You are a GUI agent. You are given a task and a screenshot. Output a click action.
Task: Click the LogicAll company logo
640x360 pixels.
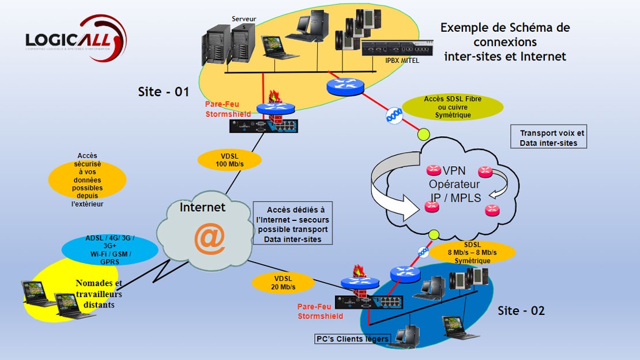[75, 39]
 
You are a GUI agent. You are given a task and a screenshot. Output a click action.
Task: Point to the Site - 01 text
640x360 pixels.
[164, 92]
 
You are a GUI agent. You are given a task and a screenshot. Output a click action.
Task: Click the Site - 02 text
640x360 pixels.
[521, 311]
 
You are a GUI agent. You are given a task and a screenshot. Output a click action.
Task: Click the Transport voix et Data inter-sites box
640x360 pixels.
[548, 138]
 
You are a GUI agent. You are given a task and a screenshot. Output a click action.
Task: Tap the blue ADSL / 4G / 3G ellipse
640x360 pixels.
[110, 249]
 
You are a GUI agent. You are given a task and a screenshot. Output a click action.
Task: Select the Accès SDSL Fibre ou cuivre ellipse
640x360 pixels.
[453, 107]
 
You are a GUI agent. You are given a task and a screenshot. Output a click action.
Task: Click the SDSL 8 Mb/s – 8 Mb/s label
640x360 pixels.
[472, 253]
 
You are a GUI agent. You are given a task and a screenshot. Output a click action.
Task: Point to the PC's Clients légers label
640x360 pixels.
[351, 339]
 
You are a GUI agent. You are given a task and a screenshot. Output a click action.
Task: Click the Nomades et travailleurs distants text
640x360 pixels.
[99, 294]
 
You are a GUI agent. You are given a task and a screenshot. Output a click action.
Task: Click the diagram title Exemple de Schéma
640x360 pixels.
[505, 42]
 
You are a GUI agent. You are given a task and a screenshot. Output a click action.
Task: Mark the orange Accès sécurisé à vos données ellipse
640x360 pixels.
[87, 179]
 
